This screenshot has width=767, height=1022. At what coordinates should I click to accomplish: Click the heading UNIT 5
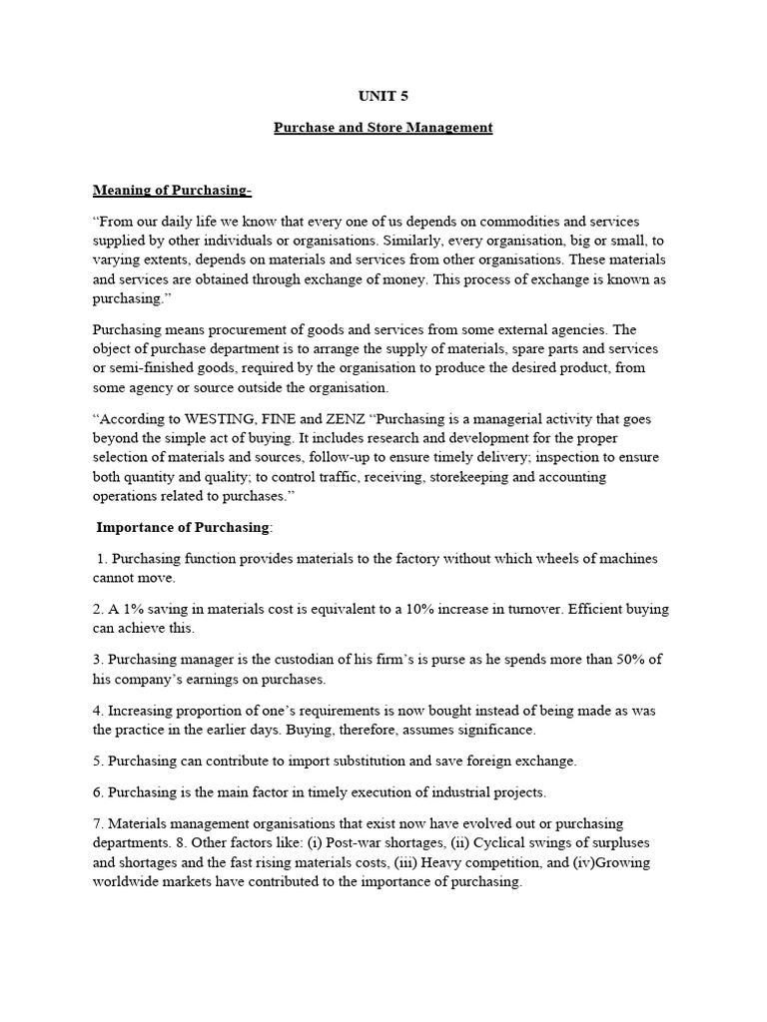point(383,97)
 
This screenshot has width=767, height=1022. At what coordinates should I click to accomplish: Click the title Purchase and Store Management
point(383,128)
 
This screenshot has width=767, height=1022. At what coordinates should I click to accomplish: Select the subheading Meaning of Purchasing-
point(172,190)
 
